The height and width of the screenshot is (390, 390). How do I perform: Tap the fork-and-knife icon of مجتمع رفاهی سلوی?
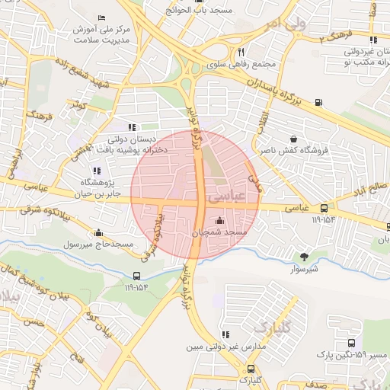point(241,53)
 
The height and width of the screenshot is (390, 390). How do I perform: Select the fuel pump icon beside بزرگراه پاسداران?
point(318,103)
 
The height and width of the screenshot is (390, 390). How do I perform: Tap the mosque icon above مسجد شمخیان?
point(221,221)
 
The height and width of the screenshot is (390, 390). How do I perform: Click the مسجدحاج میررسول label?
point(97,244)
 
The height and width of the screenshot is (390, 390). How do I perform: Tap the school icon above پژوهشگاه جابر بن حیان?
point(95,171)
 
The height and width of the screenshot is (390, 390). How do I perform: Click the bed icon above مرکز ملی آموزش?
point(102,17)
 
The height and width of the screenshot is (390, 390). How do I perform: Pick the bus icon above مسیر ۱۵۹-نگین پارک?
point(351,344)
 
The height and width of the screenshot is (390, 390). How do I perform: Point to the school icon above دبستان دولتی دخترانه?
point(132,127)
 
